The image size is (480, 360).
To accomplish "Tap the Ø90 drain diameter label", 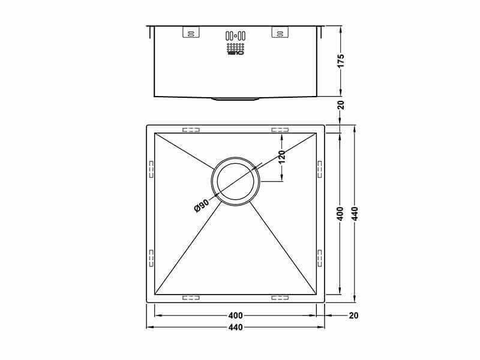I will click(201, 205).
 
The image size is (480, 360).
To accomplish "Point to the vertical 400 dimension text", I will click(340, 214).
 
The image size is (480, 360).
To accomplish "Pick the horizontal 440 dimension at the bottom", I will click(235, 328).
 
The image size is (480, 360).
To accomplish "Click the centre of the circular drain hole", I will click(235, 181).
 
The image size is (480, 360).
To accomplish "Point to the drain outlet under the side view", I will click(235, 98).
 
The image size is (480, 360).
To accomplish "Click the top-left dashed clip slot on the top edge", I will click(191, 129).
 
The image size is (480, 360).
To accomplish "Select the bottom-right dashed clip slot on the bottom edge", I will click(280, 296).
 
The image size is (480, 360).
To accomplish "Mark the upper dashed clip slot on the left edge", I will click(151, 169).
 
